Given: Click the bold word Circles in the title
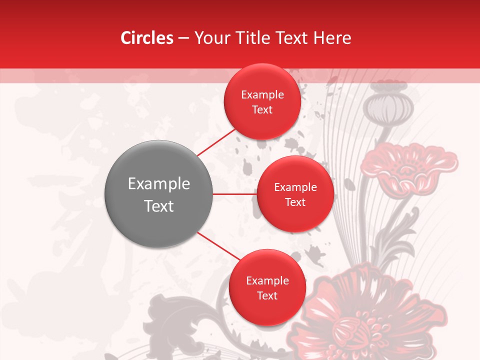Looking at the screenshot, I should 147,38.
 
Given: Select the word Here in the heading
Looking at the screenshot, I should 333,38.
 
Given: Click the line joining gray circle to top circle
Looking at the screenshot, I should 216,142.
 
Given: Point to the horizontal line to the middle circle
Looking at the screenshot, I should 234,194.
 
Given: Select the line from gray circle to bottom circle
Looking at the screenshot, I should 218,246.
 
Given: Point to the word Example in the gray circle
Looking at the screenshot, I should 159,184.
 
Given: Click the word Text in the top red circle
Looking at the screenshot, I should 262,110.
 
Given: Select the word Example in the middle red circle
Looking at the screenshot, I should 295,187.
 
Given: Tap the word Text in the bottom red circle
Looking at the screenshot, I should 267,296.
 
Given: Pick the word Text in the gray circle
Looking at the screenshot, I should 159,206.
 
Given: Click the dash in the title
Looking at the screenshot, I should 183,38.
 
